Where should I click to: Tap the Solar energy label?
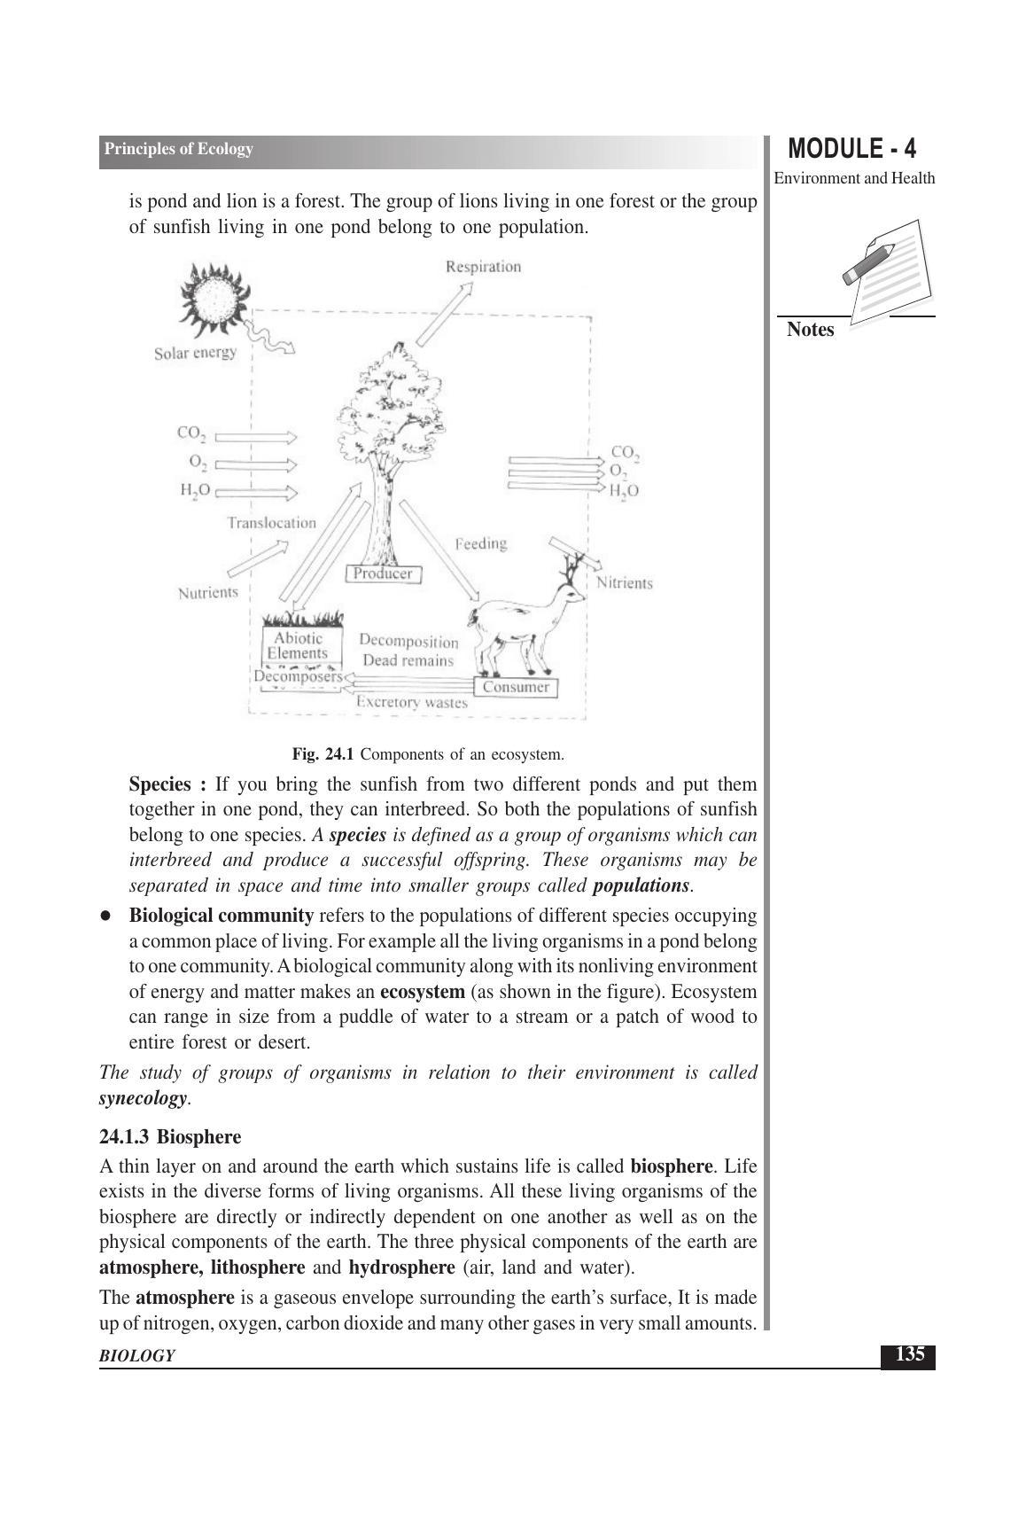(195, 353)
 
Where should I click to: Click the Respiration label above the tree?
(483, 267)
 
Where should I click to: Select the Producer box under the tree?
(383, 574)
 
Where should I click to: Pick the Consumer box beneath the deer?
(516, 688)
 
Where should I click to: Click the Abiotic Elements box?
(298, 646)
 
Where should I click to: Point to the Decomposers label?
(297, 677)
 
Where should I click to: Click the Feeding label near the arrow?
(480, 543)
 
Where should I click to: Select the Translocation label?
(271, 523)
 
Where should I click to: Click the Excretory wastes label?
(411, 703)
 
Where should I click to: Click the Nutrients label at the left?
(208, 593)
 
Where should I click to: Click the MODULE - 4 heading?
(851, 148)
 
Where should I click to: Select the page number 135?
(909, 1354)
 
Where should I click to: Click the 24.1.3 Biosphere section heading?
(170, 1136)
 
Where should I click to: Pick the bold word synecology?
(143, 1098)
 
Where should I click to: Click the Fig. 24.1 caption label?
(323, 755)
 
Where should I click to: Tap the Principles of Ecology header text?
(178, 150)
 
